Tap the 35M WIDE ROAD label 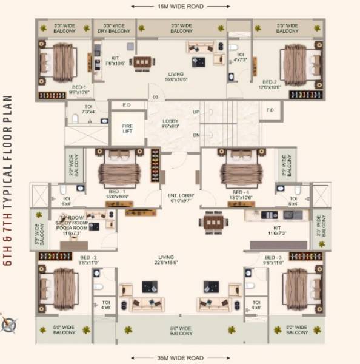(x=180, y=358)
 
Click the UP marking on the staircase (x=196, y=112)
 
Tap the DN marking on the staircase (x=196, y=135)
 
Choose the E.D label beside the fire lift (x=127, y=105)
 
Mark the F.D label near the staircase (x=270, y=110)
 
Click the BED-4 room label (x=241, y=194)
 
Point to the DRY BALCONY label (x=114, y=29)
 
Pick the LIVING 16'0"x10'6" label (x=176, y=76)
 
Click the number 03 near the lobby (x=155, y=96)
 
